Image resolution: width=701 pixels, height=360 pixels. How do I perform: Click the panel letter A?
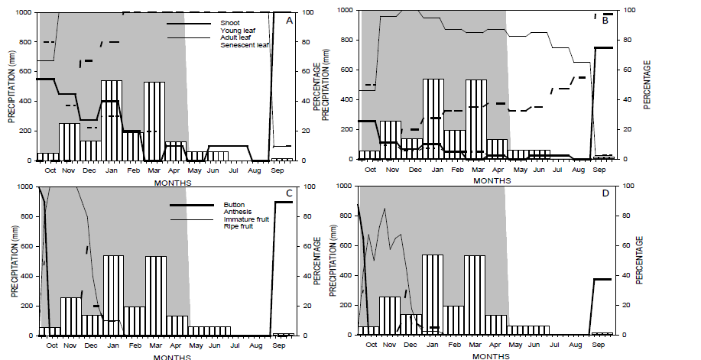289,21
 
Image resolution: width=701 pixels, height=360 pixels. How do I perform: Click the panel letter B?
605,21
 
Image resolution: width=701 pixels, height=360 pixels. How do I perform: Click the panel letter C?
289,193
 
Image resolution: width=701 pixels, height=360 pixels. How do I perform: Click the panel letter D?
605,193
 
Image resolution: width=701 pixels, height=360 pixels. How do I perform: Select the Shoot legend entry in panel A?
229,23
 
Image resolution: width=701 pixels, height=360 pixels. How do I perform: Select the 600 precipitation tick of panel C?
28,246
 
